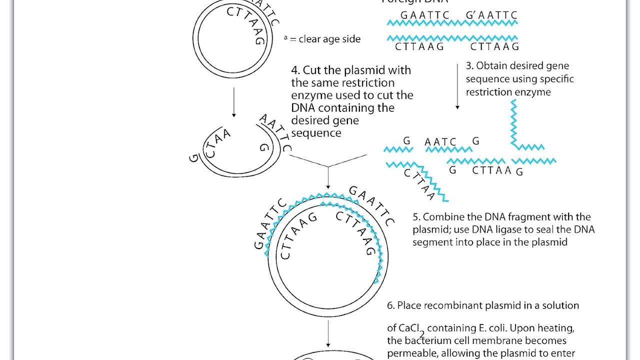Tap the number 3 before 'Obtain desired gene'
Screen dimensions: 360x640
point(469,66)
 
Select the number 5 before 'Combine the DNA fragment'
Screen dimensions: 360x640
point(416,217)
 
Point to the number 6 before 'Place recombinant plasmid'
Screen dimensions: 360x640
point(390,305)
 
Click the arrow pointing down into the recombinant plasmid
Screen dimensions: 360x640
point(328,177)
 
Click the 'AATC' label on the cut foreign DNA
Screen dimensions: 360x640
point(440,142)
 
